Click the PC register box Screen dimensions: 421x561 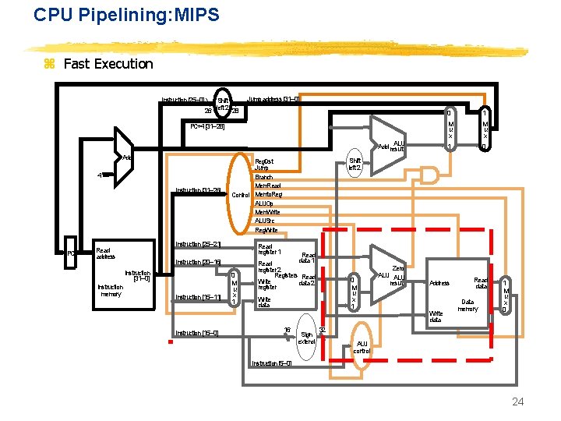70,253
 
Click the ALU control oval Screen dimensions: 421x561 362,347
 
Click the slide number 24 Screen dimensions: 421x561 517,402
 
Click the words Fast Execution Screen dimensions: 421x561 108,64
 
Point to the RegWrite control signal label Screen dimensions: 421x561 266,230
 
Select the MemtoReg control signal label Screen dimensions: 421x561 268,194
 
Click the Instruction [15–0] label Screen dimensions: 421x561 196,333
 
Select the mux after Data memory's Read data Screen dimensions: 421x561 506,296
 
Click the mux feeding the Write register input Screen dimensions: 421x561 235,288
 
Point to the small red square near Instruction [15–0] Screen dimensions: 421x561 170,341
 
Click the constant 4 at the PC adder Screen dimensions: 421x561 99,175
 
